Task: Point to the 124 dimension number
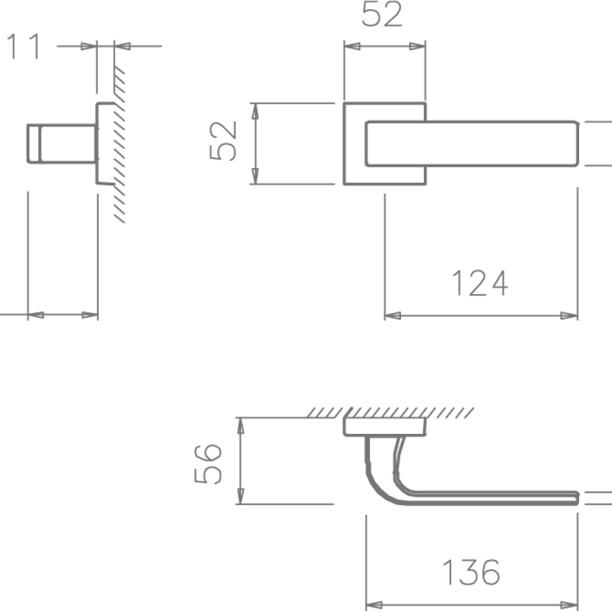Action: point(479,283)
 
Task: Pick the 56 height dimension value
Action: point(209,463)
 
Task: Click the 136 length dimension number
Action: point(471,573)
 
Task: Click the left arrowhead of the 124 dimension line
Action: point(392,315)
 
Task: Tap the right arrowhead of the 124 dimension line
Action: point(570,315)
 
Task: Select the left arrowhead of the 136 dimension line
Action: point(373,605)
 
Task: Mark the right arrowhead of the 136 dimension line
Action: point(570,605)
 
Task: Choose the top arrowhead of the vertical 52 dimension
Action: point(255,111)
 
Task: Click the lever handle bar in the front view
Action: point(472,143)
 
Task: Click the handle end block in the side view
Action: point(33,143)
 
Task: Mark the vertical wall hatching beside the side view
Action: point(120,143)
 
